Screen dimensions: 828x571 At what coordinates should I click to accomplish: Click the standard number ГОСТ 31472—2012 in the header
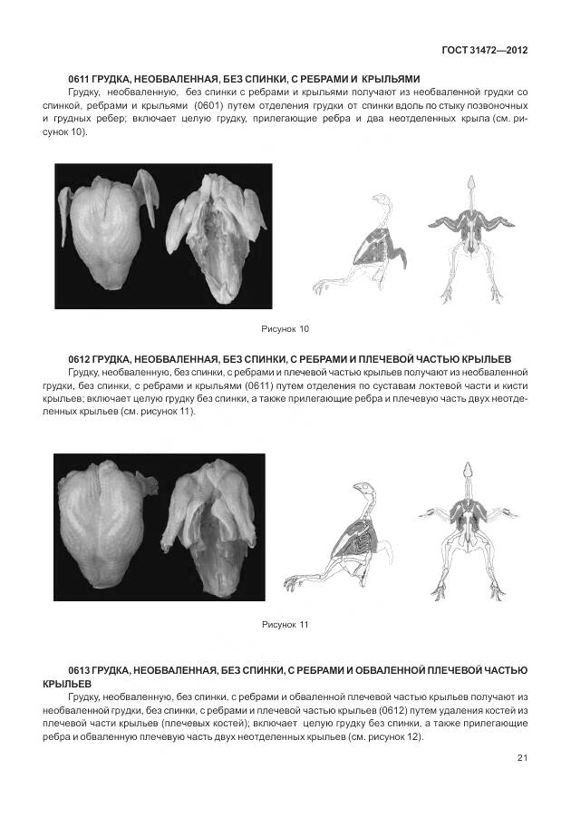coord(484,49)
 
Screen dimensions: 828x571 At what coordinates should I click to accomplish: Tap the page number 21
coord(522,758)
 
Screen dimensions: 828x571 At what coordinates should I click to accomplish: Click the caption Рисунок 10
coord(285,327)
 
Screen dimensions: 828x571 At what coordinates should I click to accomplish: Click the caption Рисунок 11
coord(285,625)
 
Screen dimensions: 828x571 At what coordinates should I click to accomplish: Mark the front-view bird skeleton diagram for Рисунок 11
coord(467,531)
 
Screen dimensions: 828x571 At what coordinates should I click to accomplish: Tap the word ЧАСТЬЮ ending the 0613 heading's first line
coord(501,669)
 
